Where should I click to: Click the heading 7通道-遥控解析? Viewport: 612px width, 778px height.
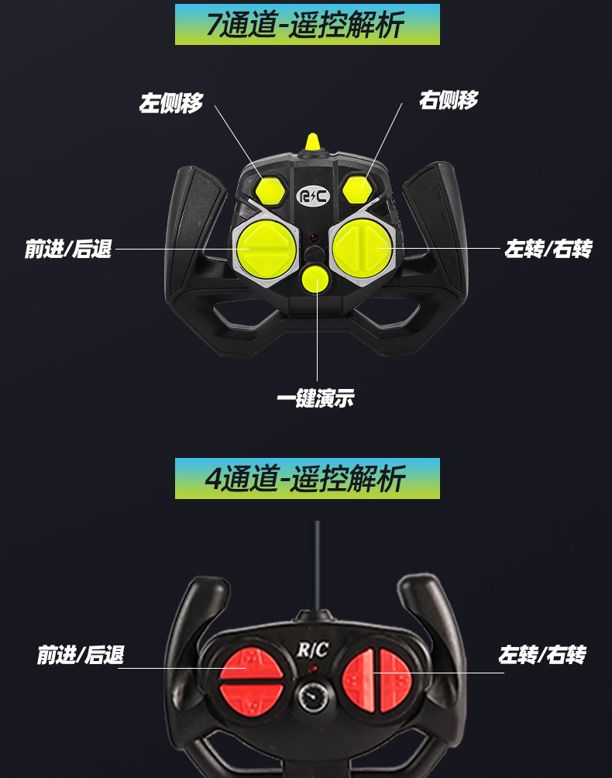point(307,25)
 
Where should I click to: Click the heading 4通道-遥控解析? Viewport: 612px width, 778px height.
point(307,479)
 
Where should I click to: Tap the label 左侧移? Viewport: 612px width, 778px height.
point(171,103)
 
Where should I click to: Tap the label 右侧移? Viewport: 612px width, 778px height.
point(449,100)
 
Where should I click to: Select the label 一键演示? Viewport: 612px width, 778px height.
point(315,399)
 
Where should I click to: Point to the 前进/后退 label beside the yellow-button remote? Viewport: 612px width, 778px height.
point(68,250)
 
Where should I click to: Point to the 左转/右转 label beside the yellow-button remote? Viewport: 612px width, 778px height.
point(548,250)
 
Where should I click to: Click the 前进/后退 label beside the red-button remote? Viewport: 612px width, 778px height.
point(81,656)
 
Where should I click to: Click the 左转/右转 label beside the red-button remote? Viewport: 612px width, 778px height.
point(542,656)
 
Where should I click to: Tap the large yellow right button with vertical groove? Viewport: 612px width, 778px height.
point(362,246)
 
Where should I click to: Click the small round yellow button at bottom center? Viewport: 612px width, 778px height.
point(315,278)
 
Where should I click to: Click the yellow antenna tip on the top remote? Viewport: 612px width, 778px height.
point(313,141)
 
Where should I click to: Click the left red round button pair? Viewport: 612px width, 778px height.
point(252,680)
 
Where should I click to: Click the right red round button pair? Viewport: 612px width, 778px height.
point(376,680)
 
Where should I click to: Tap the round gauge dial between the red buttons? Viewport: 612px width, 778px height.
point(315,696)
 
